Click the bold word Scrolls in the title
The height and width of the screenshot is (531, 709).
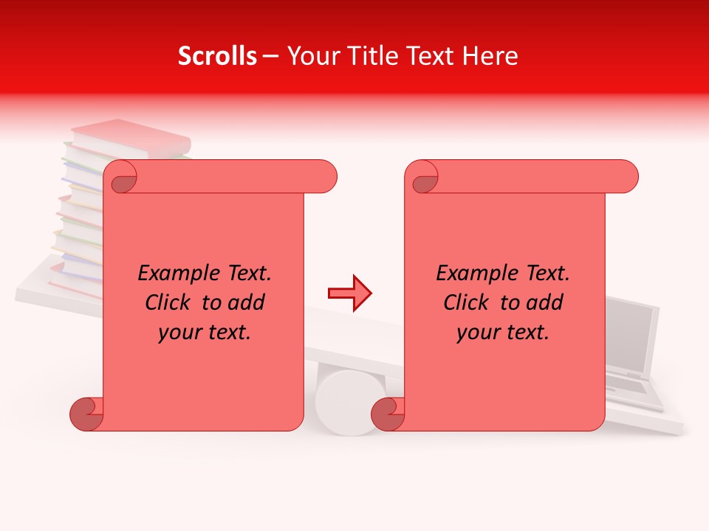coord(217,56)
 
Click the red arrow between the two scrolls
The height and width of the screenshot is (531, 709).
coord(349,294)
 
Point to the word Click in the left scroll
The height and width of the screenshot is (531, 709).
coord(171,303)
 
